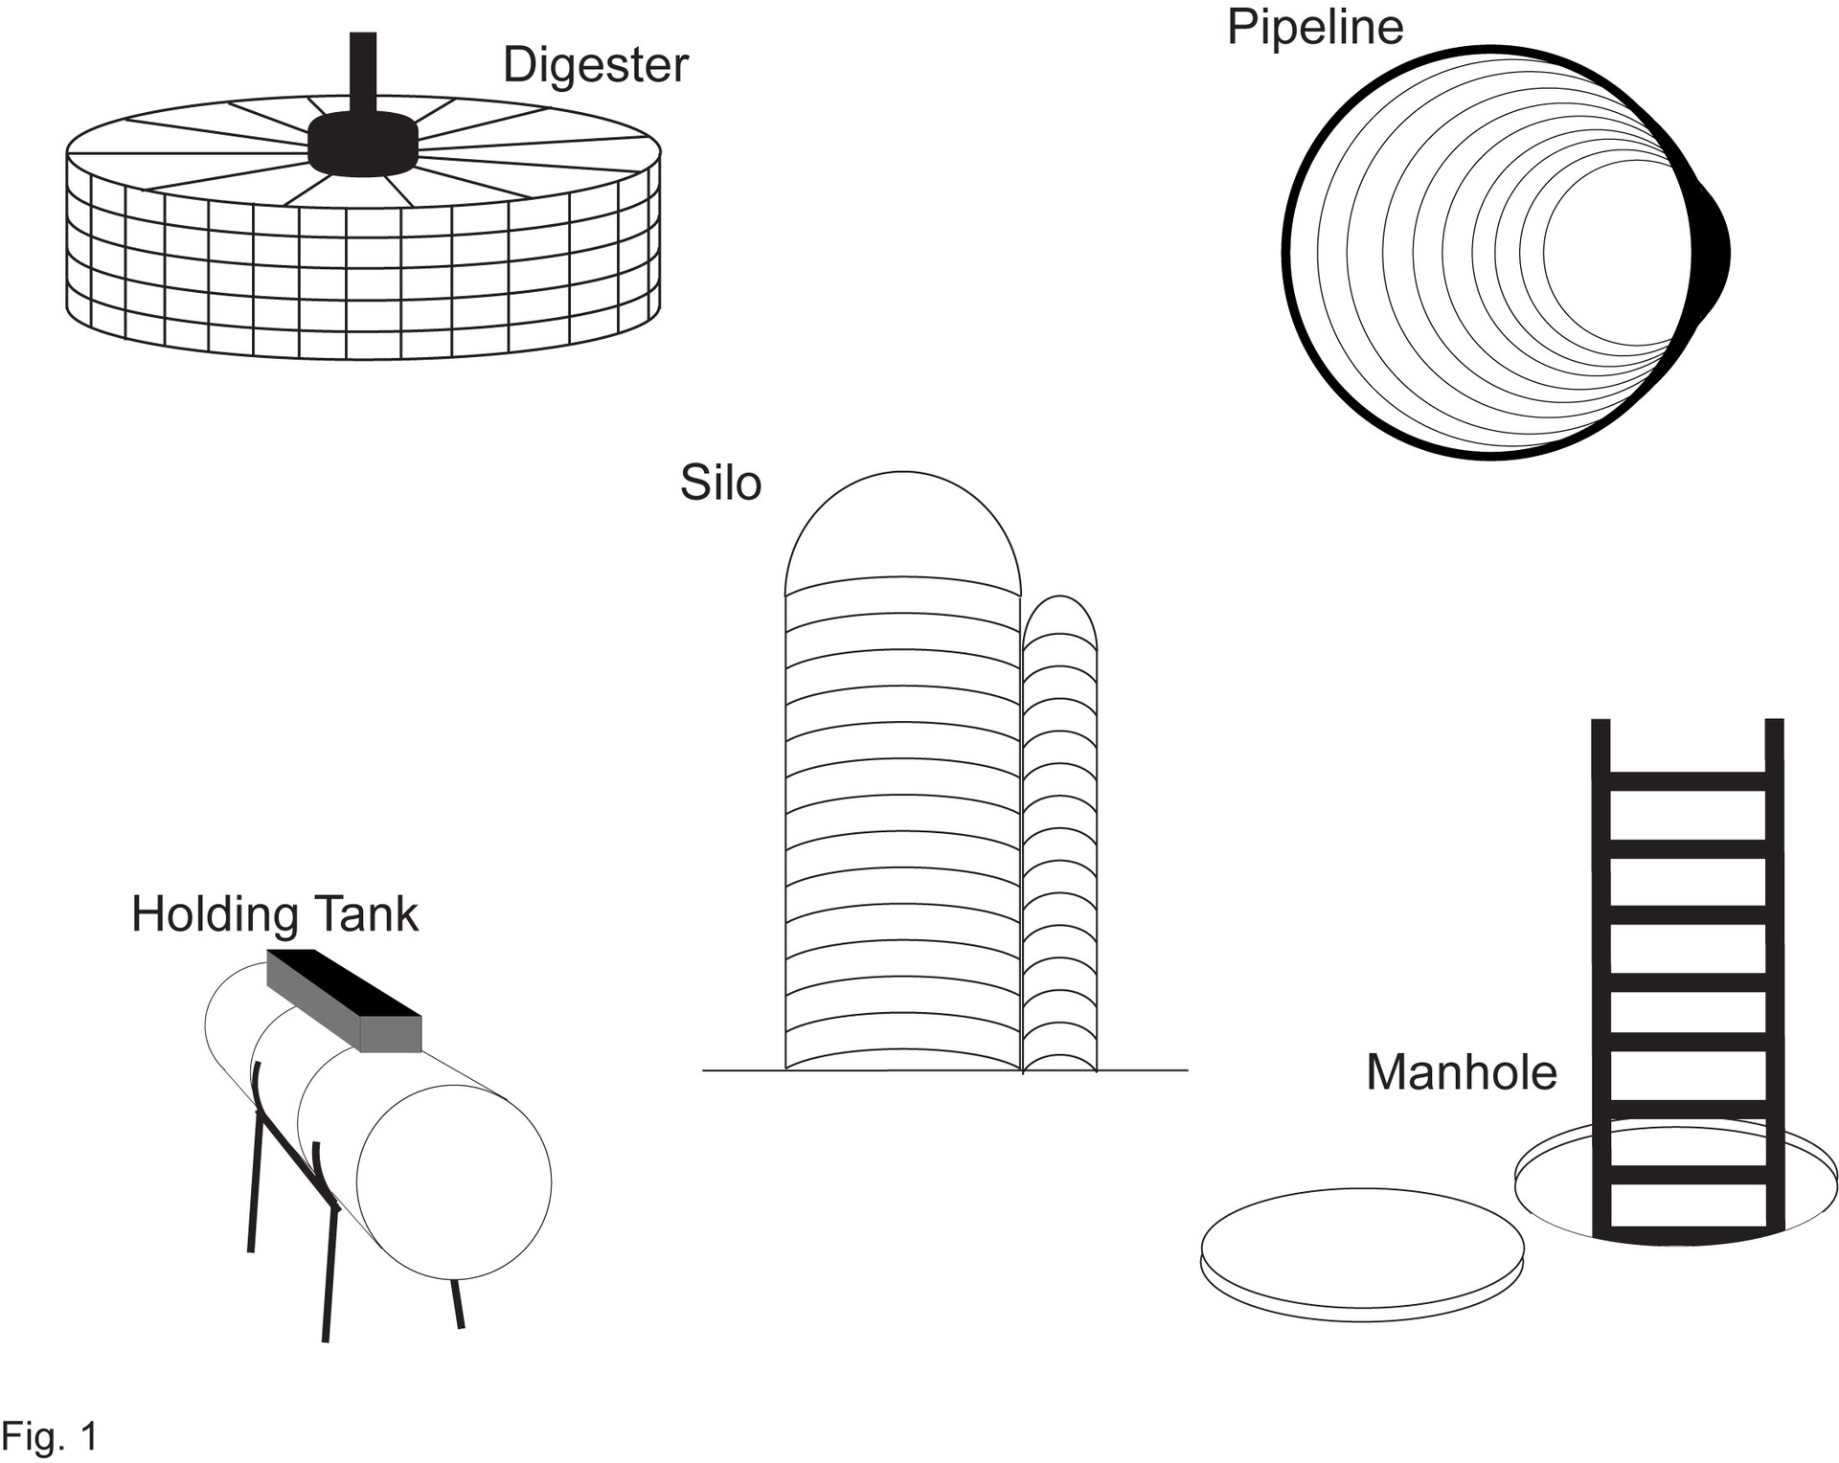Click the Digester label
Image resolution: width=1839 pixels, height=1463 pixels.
(x=595, y=66)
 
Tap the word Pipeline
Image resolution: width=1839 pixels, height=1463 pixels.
(x=1314, y=27)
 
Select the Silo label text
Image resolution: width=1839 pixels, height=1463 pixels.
(x=720, y=484)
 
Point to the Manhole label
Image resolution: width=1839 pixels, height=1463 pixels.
(x=1461, y=1072)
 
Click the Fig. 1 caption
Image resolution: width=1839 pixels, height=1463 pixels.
(x=50, y=1436)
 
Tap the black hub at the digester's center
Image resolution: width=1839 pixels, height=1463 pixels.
(x=363, y=145)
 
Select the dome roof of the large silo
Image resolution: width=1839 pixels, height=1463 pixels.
(x=902, y=527)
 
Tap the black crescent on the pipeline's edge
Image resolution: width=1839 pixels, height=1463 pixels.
(x=1713, y=254)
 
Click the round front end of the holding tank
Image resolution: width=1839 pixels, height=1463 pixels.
(x=454, y=1182)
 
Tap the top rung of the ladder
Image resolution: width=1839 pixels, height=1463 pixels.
(x=1687, y=780)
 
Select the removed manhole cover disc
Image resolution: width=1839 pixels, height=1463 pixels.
(x=1361, y=1249)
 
